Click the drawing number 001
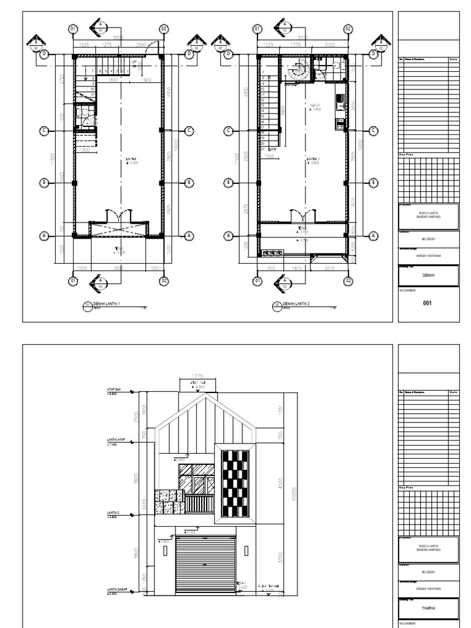[429, 302]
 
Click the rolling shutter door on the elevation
[205, 564]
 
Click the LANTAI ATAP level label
[116, 440]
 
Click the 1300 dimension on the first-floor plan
[86, 150]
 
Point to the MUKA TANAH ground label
[268, 586]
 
